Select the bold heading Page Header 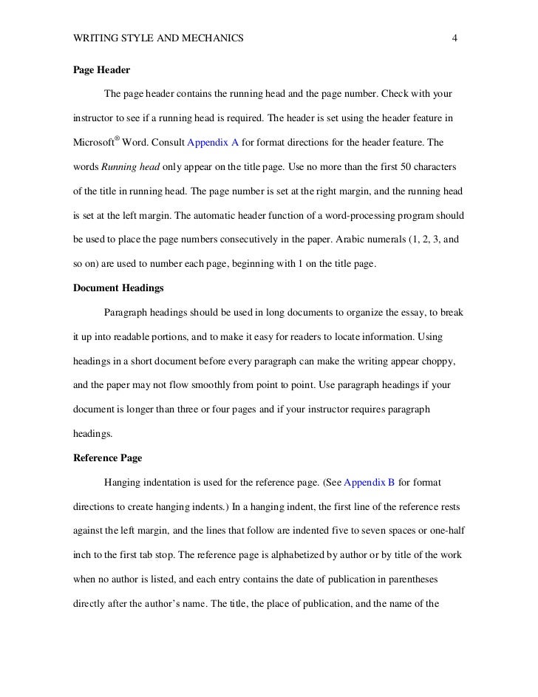[102, 71]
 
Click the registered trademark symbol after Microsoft [116, 137]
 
